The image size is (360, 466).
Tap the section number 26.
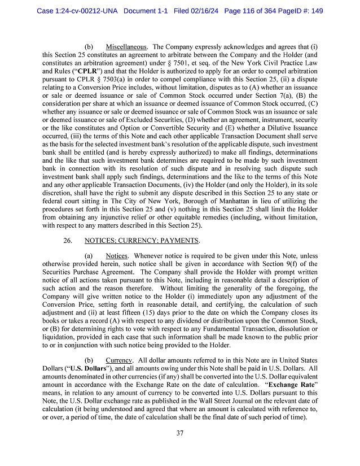(68, 240)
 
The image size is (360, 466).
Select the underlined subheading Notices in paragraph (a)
(117, 256)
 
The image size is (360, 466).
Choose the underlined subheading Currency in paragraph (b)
(119, 360)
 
